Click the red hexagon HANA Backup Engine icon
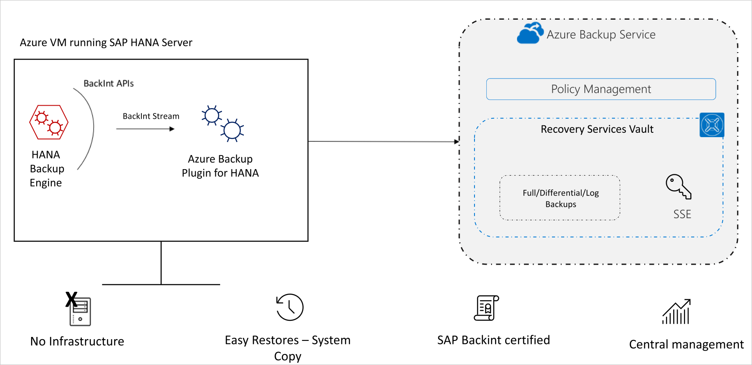pyautogui.click(x=49, y=122)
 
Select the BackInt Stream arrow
pyautogui.click(x=145, y=129)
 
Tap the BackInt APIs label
pyautogui.click(x=109, y=83)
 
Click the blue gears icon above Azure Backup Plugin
pyautogui.click(x=222, y=124)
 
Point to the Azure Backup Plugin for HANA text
pyautogui.click(x=220, y=166)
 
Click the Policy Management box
pyautogui.click(x=601, y=89)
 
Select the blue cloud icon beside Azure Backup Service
pyautogui.click(x=530, y=33)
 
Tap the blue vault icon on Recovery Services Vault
pyautogui.click(x=712, y=125)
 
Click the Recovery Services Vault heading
pyautogui.click(x=597, y=129)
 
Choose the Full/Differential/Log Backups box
pyautogui.click(x=560, y=198)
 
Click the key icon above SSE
pyautogui.click(x=678, y=186)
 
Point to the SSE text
pyautogui.click(x=682, y=214)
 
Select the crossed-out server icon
pyautogui.click(x=79, y=310)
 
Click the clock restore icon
pyautogui.click(x=290, y=307)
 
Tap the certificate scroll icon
pyautogui.click(x=487, y=308)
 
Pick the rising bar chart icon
pyautogui.click(x=676, y=312)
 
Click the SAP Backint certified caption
pyautogui.click(x=493, y=340)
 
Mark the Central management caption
pyautogui.click(x=686, y=344)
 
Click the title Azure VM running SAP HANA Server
pyautogui.click(x=106, y=43)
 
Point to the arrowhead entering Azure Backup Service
pyautogui.click(x=457, y=142)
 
